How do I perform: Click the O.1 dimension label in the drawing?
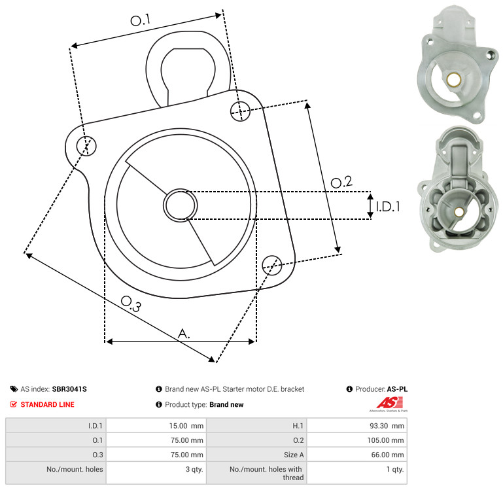[x=140, y=20]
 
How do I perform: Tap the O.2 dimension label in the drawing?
[x=341, y=183]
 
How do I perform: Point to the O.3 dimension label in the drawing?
[x=131, y=304]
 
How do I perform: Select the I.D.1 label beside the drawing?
[x=388, y=207]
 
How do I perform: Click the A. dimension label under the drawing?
[x=184, y=334]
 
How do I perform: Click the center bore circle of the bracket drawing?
[x=181, y=205]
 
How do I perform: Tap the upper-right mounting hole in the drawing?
[x=240, y=111]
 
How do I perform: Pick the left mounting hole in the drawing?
[x=86, y=146]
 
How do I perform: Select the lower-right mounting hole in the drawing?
[x=272, y=265]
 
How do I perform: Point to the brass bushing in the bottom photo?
[x=459, y=212]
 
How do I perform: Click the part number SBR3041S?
[x=69, y=389]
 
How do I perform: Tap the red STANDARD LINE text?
[x=48, y=405]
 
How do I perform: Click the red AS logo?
[x=389, y=403]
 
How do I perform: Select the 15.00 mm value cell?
[x=156, y=426]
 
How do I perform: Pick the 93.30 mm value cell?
[x=356, y=426]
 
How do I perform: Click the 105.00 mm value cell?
[x=356, y=440]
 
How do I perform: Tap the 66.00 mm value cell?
[x=356, y=455]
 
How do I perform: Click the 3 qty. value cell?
[x=156, y=473]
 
